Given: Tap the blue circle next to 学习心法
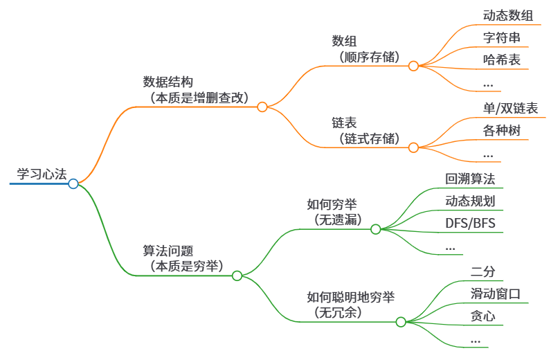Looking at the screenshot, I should coord(73,184).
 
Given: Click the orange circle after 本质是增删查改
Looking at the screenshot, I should coord(262,107).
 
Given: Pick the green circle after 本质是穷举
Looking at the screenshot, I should coord(237,276).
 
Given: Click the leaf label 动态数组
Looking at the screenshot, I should coord(507,15).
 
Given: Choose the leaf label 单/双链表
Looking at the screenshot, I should coord(510,108).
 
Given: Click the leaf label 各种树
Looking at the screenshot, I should coord(501,130).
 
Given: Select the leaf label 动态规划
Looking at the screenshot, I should coord(470,201).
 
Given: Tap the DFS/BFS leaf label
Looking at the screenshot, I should coord(471,224).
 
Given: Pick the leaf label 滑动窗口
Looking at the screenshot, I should coord(495,294).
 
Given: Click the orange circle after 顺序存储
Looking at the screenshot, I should coord(413,66).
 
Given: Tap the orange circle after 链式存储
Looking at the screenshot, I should coord(413,147).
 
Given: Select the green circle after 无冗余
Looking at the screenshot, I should coord(401,322).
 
